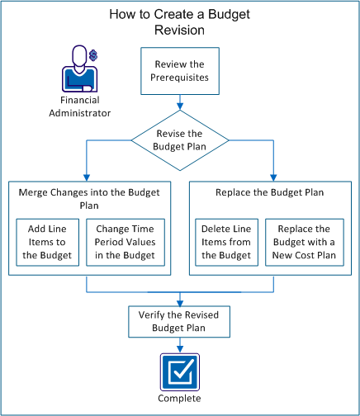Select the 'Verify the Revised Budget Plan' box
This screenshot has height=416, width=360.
point(180,322)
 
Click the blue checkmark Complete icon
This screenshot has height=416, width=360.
point(180,371)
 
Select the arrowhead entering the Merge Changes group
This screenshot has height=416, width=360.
point(87,174)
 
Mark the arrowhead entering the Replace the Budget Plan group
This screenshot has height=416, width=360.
point(272,174)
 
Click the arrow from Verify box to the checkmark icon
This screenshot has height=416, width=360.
point(180,346)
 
